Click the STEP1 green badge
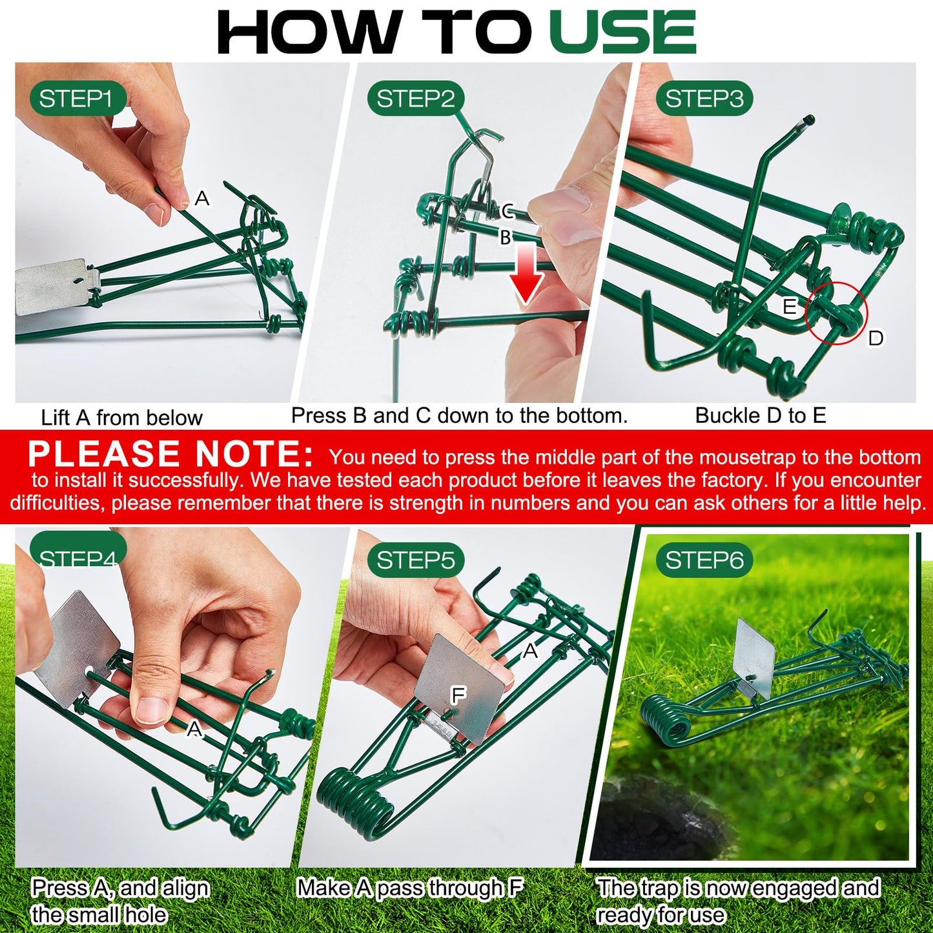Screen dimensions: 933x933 pos(76,99)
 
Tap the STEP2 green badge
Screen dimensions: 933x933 pos(416,99)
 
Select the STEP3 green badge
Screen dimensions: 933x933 pos(704,99)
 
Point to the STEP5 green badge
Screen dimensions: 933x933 pos(416,560)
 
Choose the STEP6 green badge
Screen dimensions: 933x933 pos(704,560)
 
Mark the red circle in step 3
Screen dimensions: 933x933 pos(836,313)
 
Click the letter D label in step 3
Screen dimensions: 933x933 pos(876,338)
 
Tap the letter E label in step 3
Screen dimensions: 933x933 pos(789,306)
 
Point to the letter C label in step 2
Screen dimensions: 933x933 pos(508,211)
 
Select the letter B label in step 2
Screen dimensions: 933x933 pos(505,238)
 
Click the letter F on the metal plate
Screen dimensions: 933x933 pos(458,695)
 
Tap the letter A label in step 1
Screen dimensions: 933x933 pos(202,198)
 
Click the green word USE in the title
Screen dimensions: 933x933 pos(623,32)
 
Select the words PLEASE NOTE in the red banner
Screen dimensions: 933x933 pos(170,454)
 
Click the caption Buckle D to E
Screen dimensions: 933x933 pos(761,416)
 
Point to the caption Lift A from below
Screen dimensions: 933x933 pos(121,418)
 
